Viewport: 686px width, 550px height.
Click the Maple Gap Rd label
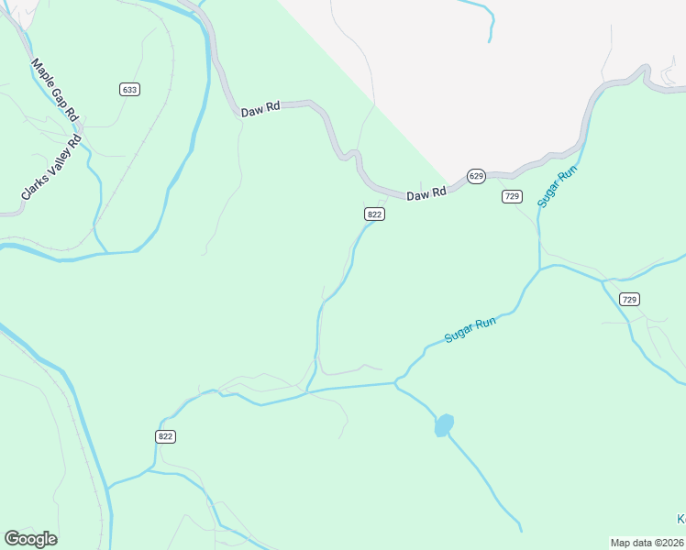point(54,89)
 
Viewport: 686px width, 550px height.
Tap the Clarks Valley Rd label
point(51,169)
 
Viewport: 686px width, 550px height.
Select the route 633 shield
point(129,89)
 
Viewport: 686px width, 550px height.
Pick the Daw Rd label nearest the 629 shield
point(426,194)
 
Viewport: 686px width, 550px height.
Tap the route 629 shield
point(475,176)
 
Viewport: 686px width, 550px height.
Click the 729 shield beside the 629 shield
point(512,196)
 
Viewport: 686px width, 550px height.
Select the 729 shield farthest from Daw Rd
point(628,299)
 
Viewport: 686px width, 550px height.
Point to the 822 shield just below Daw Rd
point(374,214)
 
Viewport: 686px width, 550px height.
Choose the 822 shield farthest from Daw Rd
point(165,436)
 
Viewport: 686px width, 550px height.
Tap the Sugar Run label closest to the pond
point(470,330)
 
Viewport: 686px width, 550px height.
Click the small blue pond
point(444,425)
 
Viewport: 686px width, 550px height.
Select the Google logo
point(30,539)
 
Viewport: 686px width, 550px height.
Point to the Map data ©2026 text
point(647,543)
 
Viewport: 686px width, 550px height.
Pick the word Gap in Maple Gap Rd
point(60,97)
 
